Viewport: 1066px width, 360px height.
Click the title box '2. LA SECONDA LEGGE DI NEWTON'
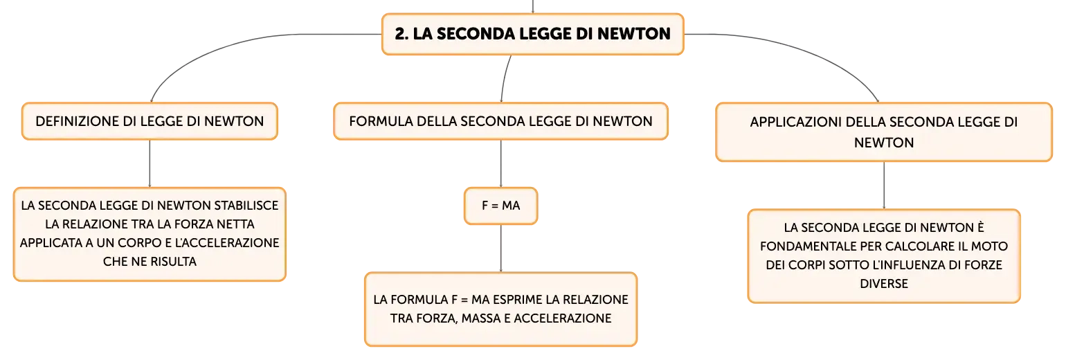tap(532, 35)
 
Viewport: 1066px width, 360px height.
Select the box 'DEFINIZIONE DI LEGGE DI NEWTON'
tap(150, 121)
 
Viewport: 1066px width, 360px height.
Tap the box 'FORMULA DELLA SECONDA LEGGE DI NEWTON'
tap(500, 121)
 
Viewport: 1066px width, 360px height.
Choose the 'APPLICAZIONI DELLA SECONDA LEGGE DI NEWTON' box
tap(884, 132)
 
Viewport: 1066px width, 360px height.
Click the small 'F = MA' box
tap(500, 206)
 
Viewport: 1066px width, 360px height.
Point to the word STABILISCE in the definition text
tap(246, 206)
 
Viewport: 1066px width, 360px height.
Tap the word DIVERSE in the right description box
tap(884, 284)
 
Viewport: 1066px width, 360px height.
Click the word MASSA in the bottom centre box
tap(481, 318)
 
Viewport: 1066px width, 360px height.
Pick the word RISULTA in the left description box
tap(173, 262)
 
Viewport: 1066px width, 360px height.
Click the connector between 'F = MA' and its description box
tap(500, 248)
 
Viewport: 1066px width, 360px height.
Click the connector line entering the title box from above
tap(532, 7)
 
